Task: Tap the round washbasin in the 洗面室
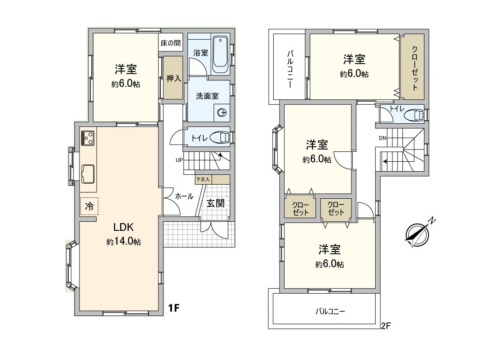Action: pyautogui.click(x=222, y=113)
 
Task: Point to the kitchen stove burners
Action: pyautogui.click(x=88, y=138)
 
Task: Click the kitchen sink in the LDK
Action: pyautogui.click(x=88, y=173)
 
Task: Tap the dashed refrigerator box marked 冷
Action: pyautogui.click(x=89, y=206)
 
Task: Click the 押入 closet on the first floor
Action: pyautogui.click(x=173, y=78)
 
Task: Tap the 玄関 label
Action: pyautogui.click(x=215, y=203)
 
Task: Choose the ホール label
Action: pyautogui.click(x=184, y=196)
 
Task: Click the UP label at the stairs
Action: pyautogui.click(x=179, y=160)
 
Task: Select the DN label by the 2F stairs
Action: pyautogui.click(x=383, y=138)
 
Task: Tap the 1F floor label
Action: pyautogui.click(x=174, y=308)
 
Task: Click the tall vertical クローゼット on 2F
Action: pyautogui.click(x=414, y=67)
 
